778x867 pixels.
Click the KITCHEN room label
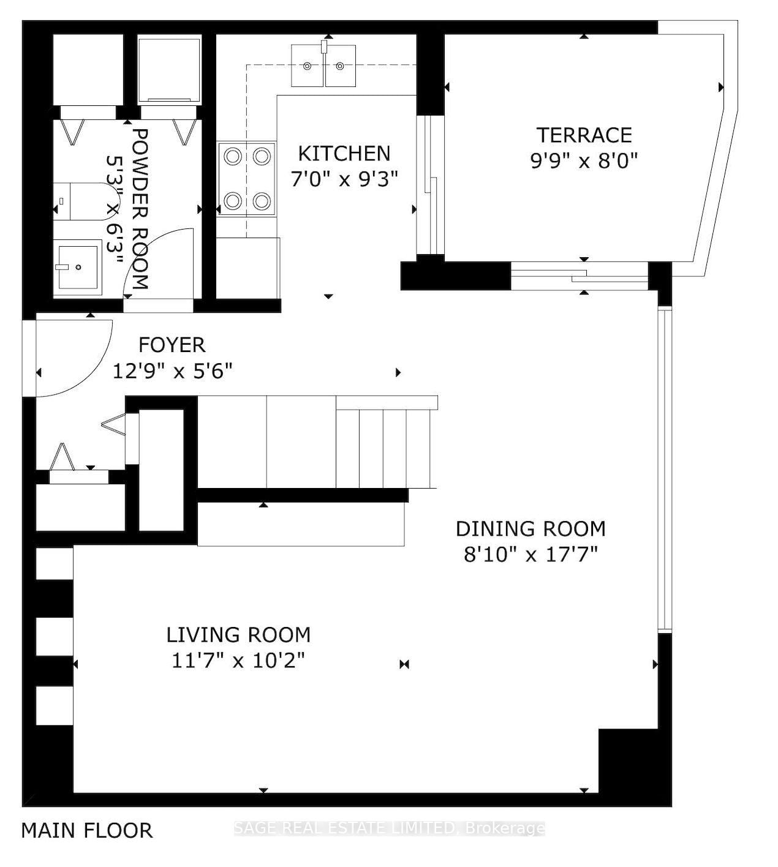tap(344, 153)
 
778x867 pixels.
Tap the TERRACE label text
tap(584, 135)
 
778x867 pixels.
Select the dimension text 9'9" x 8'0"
tap(584, 161)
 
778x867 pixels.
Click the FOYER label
tap(172, 345)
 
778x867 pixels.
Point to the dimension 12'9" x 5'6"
tap(172, 371)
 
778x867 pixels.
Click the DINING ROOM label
tap(531, 528)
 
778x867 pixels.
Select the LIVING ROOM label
tap(238, 634)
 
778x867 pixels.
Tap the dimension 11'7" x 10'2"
tap(238, 661)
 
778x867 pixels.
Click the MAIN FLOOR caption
tap(86, 831)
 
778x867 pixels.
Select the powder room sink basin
tap(76, 267)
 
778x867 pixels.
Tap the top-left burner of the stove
tap(233, 156)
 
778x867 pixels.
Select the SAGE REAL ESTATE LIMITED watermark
tap(390, 829)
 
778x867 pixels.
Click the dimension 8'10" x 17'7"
tap(531, 555)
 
